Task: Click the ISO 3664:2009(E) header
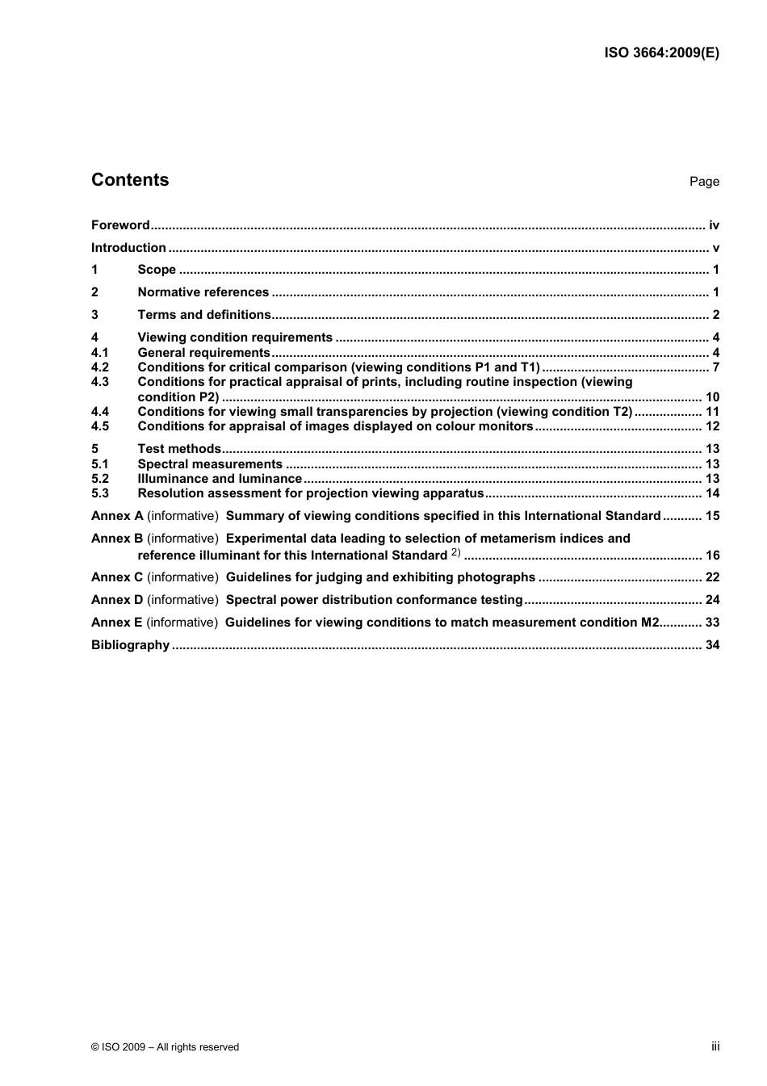(661, 53)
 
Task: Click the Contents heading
(130, 180)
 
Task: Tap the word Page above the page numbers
(704, 182)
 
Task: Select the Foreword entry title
(120, 225)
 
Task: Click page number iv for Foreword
(714, 225)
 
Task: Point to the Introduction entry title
(128, 248)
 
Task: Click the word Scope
(157, 270)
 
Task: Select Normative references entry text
(203, 292)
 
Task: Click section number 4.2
(100, 367)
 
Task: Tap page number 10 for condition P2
(712, 397)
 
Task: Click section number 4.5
(100, 426)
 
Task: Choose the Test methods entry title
(179, 449)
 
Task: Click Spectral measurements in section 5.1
(210, 464)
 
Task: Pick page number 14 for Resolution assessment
(712, 493)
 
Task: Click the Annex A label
(117, 516)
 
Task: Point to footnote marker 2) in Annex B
(455, 553)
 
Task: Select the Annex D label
(117, 600)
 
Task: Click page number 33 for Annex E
(712, 623)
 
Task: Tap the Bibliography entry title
(130, 645)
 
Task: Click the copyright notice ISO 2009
(165, 1047)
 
